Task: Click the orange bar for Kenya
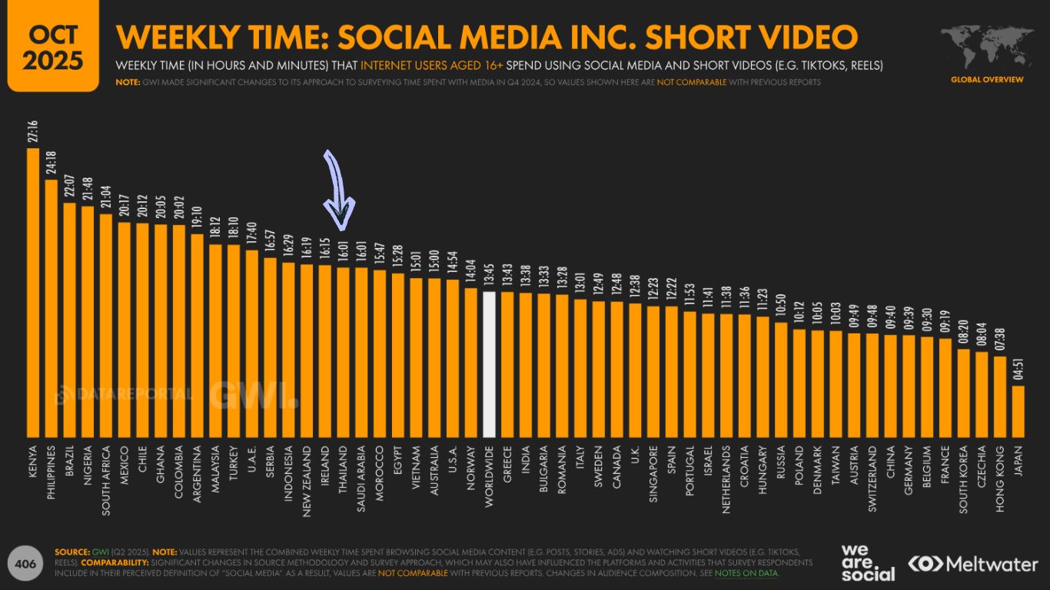pos(33,292)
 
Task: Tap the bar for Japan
pos(1018,410)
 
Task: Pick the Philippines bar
pos(52,307)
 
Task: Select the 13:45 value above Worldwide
pos(489,274)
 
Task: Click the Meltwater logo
pos(973,564)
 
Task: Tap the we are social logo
pos(868,563)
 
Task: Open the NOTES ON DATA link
pos(746,573)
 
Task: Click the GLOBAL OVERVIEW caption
pos(987,79)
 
